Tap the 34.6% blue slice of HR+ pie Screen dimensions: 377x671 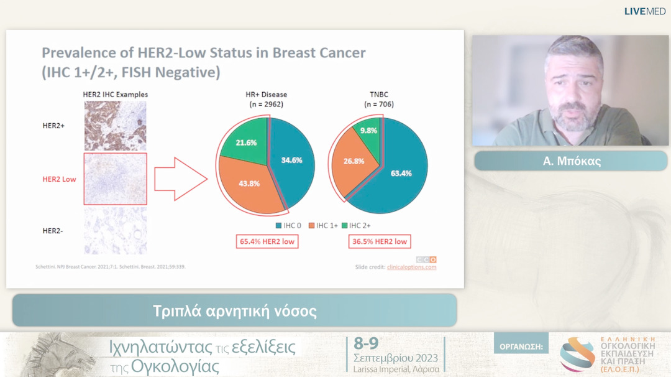pyautogui.click(x=291, y=161)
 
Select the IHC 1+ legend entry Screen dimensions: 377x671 pyautogui.click(x=324, y=226)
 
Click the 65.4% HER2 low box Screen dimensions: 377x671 pyautogui.click(x=267, y=241)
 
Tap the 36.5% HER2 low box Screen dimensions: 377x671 pyautogui.click(x=379, y=241)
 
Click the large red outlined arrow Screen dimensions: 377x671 pyautogui.click(x=179, y=179)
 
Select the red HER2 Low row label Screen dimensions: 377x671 pyautogui.click(x=59, y=179)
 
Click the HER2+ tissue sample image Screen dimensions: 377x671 pyautogui.click(x=115, y=125)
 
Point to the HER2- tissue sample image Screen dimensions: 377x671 pyautogui.click(x=115, y=231)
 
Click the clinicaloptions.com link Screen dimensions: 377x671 pyautogui.click(x=411, y=267)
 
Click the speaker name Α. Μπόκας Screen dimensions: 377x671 pyautogui.click(x=571, y=161)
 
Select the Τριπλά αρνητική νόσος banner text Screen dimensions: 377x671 pyautogui.click(x=235, y=311)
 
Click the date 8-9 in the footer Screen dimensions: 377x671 pyautogui.click(x=366, y=343)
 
